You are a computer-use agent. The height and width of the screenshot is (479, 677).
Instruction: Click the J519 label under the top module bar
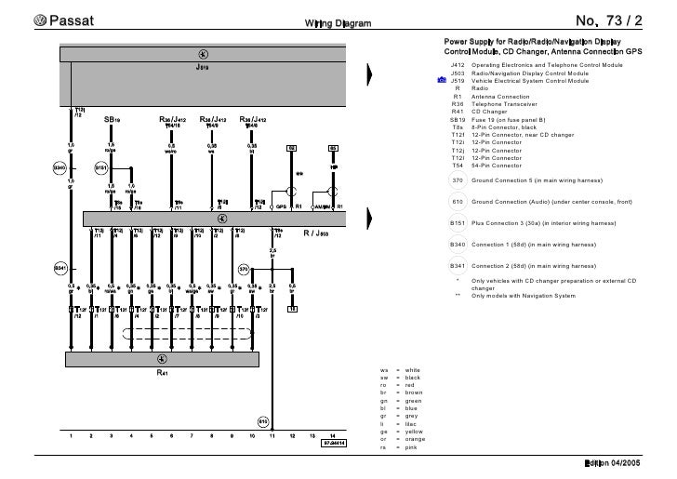[203, 67]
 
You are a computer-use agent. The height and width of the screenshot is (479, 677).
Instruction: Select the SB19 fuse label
[112, 120]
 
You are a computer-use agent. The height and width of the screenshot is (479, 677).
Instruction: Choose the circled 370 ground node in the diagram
[244, 269]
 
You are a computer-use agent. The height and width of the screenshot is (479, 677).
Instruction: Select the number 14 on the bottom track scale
[332, 435]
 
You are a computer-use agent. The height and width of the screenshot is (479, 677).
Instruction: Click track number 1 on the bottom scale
[72, 435]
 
